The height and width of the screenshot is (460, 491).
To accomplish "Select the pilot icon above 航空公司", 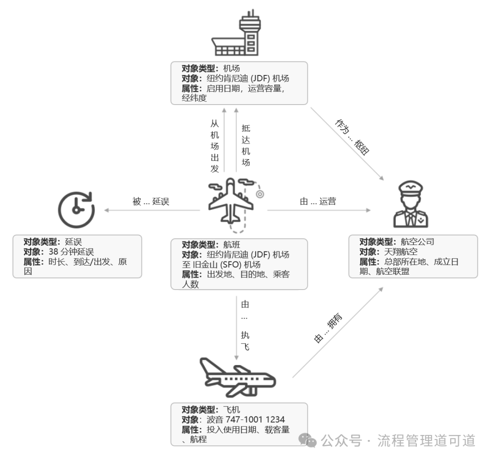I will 410,204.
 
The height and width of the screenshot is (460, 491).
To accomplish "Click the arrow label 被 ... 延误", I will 151,202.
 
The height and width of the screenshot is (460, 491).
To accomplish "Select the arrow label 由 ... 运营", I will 318,202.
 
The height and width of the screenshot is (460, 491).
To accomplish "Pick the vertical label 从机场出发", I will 215,146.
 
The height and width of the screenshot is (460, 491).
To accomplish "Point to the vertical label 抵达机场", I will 245,145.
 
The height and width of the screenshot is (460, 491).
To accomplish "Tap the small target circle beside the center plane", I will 260,194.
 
